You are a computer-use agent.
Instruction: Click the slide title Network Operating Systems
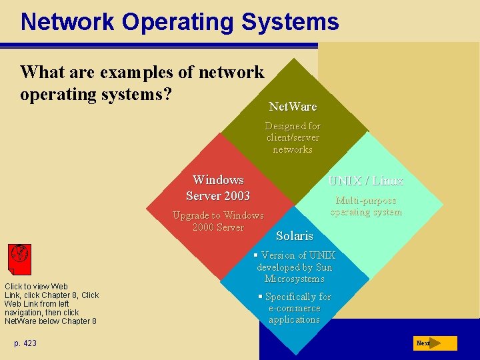[x=179, y=21]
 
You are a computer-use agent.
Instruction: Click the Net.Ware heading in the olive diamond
[x=293, y=107]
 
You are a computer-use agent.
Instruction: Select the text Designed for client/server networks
[x=293, y=137]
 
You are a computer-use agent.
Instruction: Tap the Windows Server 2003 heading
[x=218, y=188]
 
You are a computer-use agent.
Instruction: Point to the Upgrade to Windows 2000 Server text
[x=218, y=221]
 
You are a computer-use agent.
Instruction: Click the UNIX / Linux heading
[x=366, y=181]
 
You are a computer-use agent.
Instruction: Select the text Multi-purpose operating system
[x=366, y=206]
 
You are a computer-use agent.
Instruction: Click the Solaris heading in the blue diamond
[x=294, y=236]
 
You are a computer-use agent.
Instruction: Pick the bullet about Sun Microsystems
[x=294, y=267]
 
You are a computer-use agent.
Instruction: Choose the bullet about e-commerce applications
[x=294, y=308]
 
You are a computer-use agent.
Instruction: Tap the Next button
[x=434, y=343]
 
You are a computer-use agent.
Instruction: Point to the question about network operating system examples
[x=142, y=83]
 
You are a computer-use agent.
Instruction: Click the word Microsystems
[x=294, y=279]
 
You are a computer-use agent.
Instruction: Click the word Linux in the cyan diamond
[x=387, y=181]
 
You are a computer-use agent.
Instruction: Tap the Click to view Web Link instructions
[x=51, y=304]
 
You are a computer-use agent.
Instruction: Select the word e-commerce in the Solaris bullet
[x=295, y=308]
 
